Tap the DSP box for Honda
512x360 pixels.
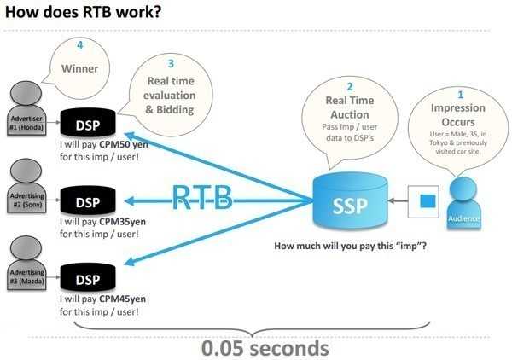(88, 125)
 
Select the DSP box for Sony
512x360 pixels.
(88, 202)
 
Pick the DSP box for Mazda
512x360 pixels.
(88, 279)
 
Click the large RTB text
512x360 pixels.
(202, 197)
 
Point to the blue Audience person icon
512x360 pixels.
(464, 203)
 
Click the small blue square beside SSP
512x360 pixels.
(428, 200)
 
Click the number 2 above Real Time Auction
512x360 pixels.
(349, 87)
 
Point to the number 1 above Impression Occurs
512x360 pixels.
(461, 94)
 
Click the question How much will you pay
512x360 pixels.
(351, 247)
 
